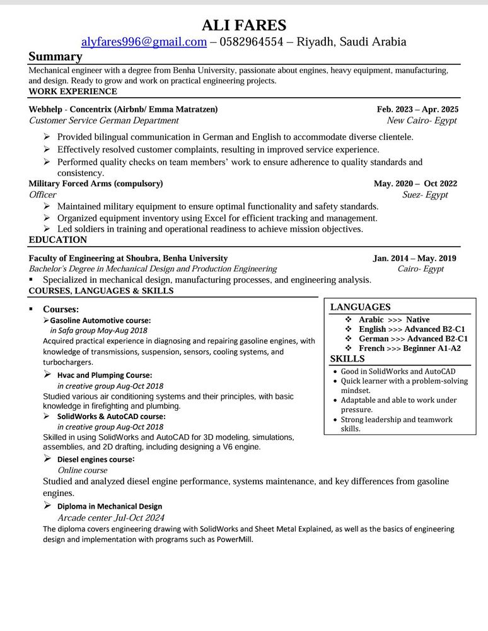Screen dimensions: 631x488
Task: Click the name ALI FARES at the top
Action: point(243,25)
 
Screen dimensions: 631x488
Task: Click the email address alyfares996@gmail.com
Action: point(144,42)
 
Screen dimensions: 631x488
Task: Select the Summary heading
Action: point(55,57)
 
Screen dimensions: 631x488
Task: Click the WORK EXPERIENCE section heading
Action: point(73,91)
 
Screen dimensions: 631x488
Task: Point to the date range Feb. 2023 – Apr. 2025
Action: point(417,109)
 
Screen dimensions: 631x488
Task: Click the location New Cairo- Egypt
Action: point(422,121)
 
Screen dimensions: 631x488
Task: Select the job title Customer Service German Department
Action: point(103,121)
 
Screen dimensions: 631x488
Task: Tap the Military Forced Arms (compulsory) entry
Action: point(96,184)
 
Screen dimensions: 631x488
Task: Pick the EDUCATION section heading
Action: point(58,240)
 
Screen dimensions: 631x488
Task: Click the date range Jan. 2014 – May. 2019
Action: point(414,258)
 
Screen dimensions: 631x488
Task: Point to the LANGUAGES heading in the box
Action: point(361,307)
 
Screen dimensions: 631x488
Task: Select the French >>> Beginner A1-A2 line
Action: point(409,348)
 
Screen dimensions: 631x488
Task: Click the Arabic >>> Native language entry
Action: point(393,320)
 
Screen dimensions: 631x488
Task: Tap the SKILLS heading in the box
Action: point(347,359)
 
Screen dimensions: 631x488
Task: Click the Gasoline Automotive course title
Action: point(100,321)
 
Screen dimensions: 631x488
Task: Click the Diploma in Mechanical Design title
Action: point(109,506)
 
